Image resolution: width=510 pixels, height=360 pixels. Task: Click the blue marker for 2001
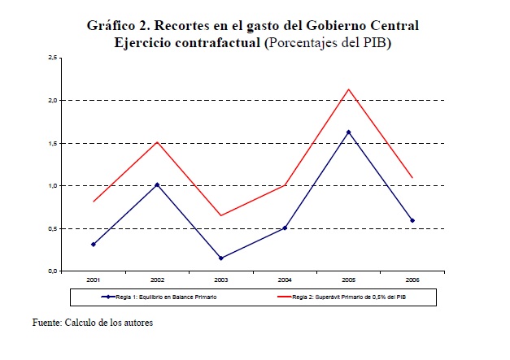[94, 244]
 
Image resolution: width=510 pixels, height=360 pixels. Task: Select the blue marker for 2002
[158, 184]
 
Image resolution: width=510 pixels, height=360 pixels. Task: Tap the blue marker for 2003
[221, 258]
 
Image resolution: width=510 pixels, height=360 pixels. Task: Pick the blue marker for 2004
[285, 228]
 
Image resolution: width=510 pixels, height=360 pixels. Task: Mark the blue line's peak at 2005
[349, 132]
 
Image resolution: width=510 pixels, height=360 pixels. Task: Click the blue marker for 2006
[412, 220]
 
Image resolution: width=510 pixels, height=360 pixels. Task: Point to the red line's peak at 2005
[349, 89]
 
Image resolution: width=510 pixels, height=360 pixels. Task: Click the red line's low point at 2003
[221, 215]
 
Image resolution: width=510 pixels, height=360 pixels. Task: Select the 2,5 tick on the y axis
[52, 58]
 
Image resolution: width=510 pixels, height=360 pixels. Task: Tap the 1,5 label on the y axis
[52, 143]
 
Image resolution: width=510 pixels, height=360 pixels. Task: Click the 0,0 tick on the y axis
[52, 271]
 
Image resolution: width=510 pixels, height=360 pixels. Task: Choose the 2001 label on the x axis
[94, 280]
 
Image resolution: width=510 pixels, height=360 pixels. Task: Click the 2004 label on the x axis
[285, 280]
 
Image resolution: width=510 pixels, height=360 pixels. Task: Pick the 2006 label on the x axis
[412, 280]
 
